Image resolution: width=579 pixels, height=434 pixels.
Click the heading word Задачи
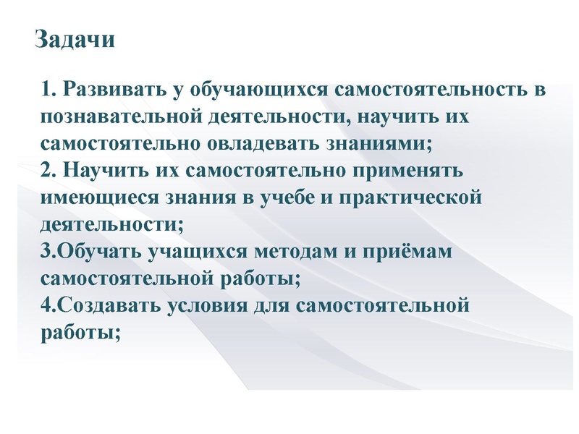tap(75, 39)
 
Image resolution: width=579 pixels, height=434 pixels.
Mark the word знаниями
tap(379, 144)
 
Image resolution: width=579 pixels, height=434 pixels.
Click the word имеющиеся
tap(99, 198)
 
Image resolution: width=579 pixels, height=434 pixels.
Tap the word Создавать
tap(109, 305)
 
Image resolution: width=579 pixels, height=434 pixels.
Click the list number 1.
tap(47, 90)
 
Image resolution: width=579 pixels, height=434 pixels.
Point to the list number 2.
tap(47, 171)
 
